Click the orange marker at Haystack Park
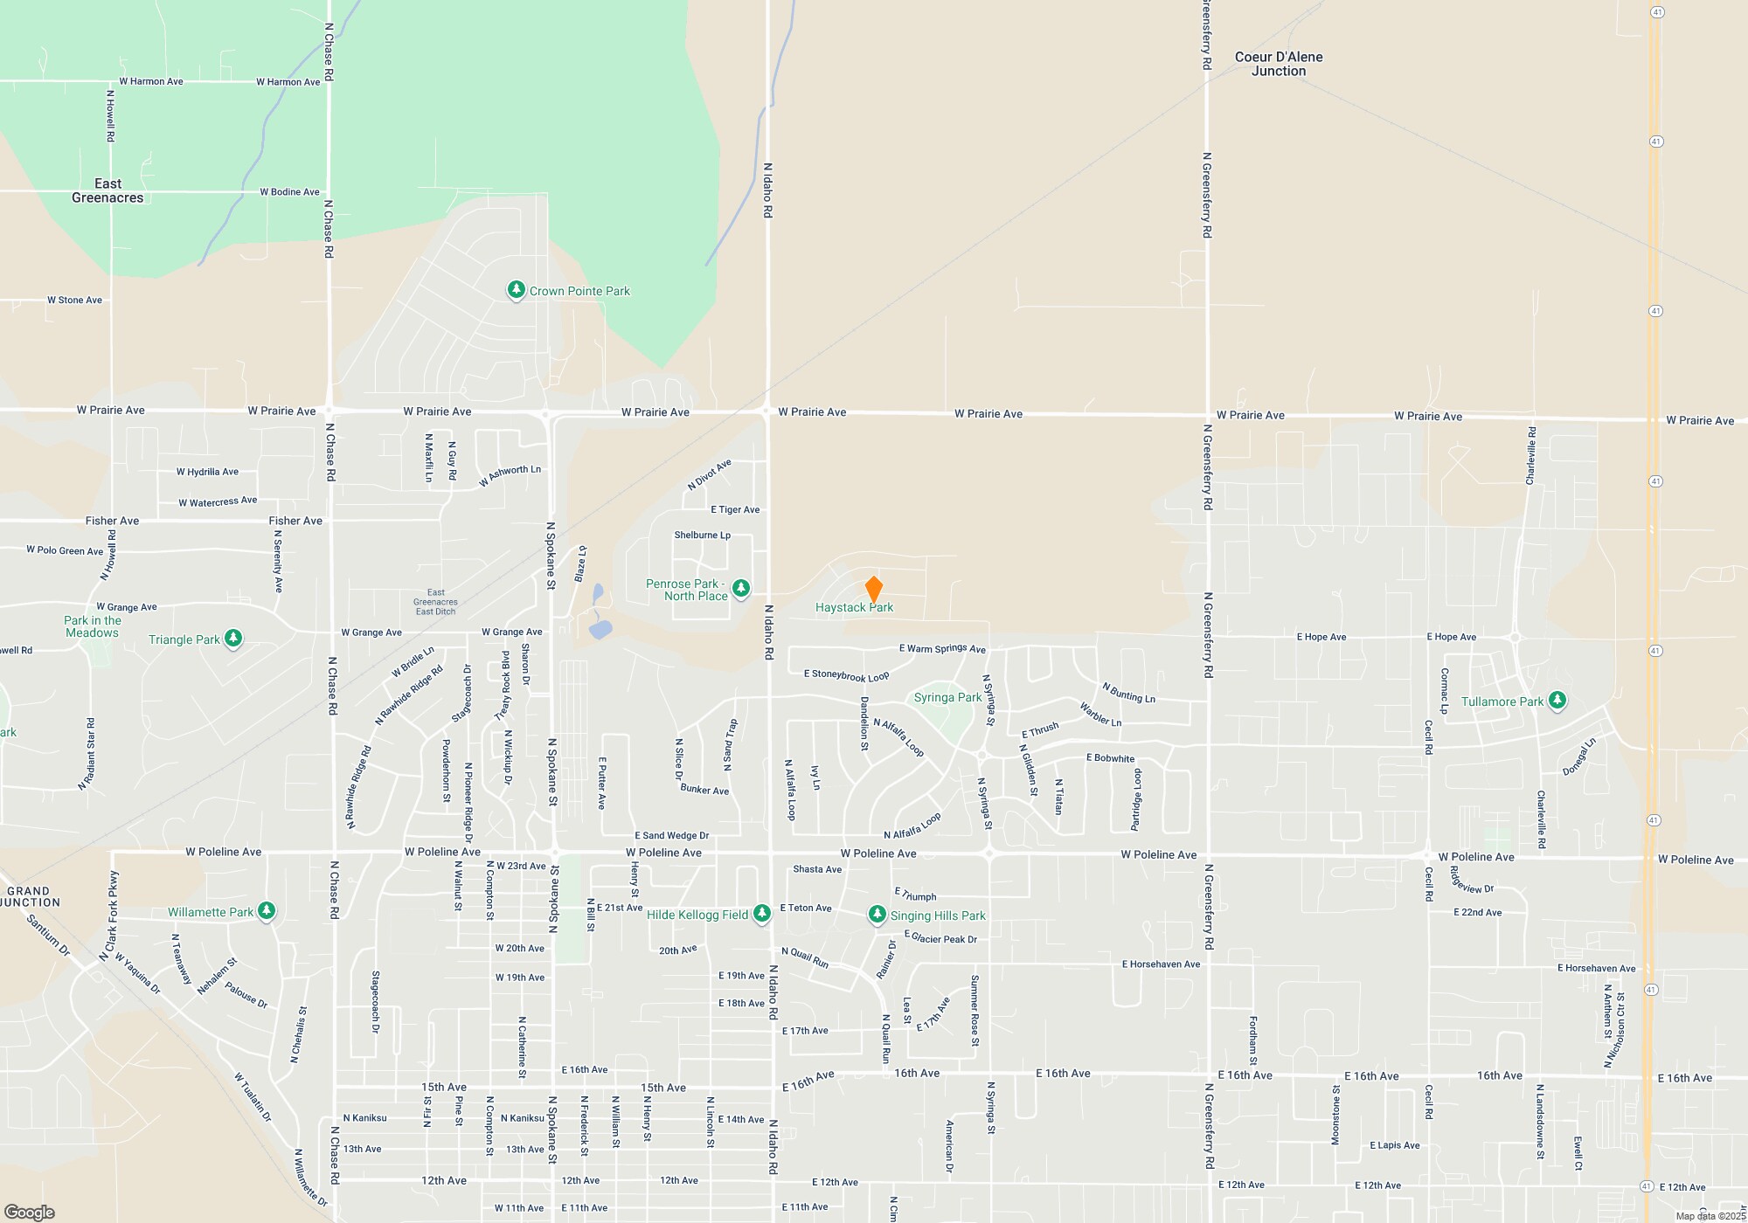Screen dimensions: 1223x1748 tap(873, 589)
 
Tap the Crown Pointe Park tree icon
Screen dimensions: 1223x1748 tap(517, 290)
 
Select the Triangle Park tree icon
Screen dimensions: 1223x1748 tap(233, 639)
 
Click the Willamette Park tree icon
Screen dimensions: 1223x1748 tap(267, 911)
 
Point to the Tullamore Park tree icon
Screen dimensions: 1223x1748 tap(1557, 701)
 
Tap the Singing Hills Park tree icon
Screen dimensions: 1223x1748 tap(877, 915)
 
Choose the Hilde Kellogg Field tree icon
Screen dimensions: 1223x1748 tap(762, 914)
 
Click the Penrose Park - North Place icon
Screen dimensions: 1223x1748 tap(741, 588)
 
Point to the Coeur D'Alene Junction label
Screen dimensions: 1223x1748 tap(1279, 64)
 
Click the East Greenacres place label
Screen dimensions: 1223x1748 tap(108, 190)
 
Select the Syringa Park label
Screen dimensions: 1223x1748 tap(947, 697)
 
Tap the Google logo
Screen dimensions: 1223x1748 tap(30, 1212)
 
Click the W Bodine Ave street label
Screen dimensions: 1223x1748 tap(289, 192)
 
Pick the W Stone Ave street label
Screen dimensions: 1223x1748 tap(74, 301)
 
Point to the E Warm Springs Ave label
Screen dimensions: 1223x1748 tap(942, 648)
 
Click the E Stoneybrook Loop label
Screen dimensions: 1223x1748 tap(846, 675)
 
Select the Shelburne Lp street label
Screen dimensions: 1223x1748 tap(702, 535)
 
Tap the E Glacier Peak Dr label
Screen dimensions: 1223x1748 tap(940, 938)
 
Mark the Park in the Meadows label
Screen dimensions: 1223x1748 tap(93, 626)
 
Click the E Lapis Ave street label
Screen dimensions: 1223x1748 tap(1394, 1145)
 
